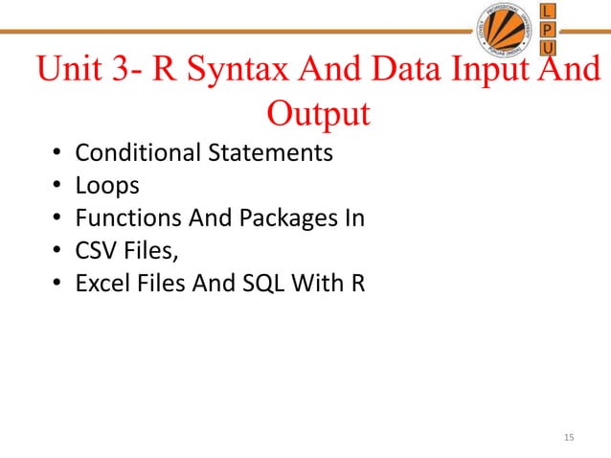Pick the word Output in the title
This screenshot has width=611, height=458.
[x=317, y=114]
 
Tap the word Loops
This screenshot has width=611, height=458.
[x=107, y=186]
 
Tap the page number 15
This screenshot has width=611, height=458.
[x=570, y=439]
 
